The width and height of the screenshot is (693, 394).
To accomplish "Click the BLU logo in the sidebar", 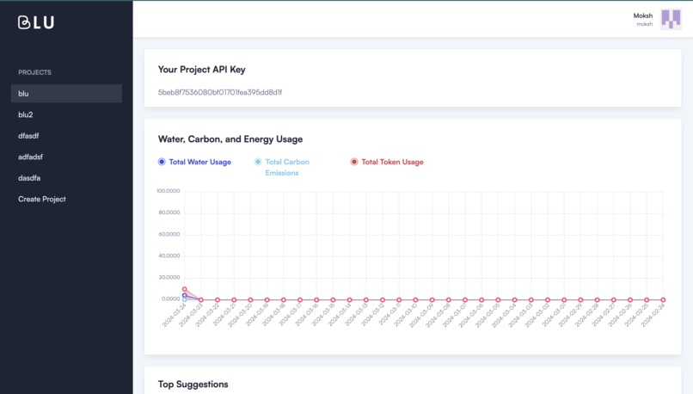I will tap(36, 22).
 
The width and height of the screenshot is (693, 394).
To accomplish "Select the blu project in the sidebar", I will tap(24, 94).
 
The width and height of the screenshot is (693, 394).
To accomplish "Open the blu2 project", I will tap(26, 114).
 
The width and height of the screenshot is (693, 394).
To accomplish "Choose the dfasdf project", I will tap(30, 136).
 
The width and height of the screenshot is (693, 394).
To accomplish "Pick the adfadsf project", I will tap(32, 157).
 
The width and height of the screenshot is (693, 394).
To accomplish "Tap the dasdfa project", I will tap(30, 178).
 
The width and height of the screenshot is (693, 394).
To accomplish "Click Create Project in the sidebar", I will tap(42, 199).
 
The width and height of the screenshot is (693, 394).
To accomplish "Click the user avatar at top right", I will tap(670, 19).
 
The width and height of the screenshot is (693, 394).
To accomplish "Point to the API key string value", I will tap(220, 92).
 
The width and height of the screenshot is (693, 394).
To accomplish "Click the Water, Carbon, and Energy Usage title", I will tap(230, 139).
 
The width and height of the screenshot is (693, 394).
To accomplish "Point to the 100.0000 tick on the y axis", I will tap(168, 191).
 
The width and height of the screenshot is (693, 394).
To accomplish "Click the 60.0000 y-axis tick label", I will tap(168, 234).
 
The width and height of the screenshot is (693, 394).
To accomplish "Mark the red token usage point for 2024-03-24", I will tap(185, 289).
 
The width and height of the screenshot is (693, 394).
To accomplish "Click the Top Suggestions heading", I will tap(193, 384).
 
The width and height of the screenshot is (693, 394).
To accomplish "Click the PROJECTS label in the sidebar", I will tap(35, 72).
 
